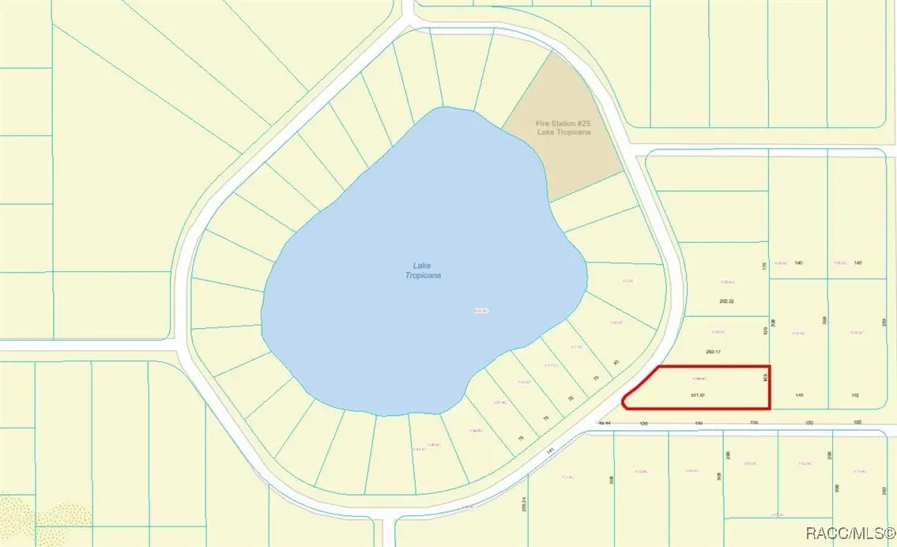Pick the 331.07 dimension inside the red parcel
click(697, 394)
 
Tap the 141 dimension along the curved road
click(550, 450)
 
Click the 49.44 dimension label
click(605, 424)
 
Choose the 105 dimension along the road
click(858, 424)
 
